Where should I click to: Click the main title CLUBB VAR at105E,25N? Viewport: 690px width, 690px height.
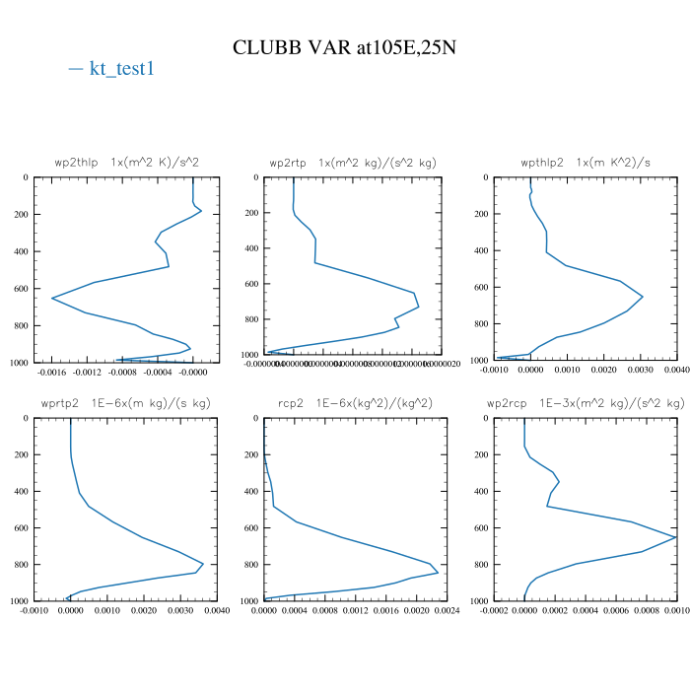345,46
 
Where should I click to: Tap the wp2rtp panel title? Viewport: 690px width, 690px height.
353,162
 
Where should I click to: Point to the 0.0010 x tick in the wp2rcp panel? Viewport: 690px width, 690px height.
675,611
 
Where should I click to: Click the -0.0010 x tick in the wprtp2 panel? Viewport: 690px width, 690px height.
34,611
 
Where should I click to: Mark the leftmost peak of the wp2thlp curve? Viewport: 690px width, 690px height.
51,298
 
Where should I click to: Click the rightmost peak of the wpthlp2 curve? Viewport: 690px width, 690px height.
643,297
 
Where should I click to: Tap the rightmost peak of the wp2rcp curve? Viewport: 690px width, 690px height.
676,537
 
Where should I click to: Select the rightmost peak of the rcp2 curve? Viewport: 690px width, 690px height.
438,573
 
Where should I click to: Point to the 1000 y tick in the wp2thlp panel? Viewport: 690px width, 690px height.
19,363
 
